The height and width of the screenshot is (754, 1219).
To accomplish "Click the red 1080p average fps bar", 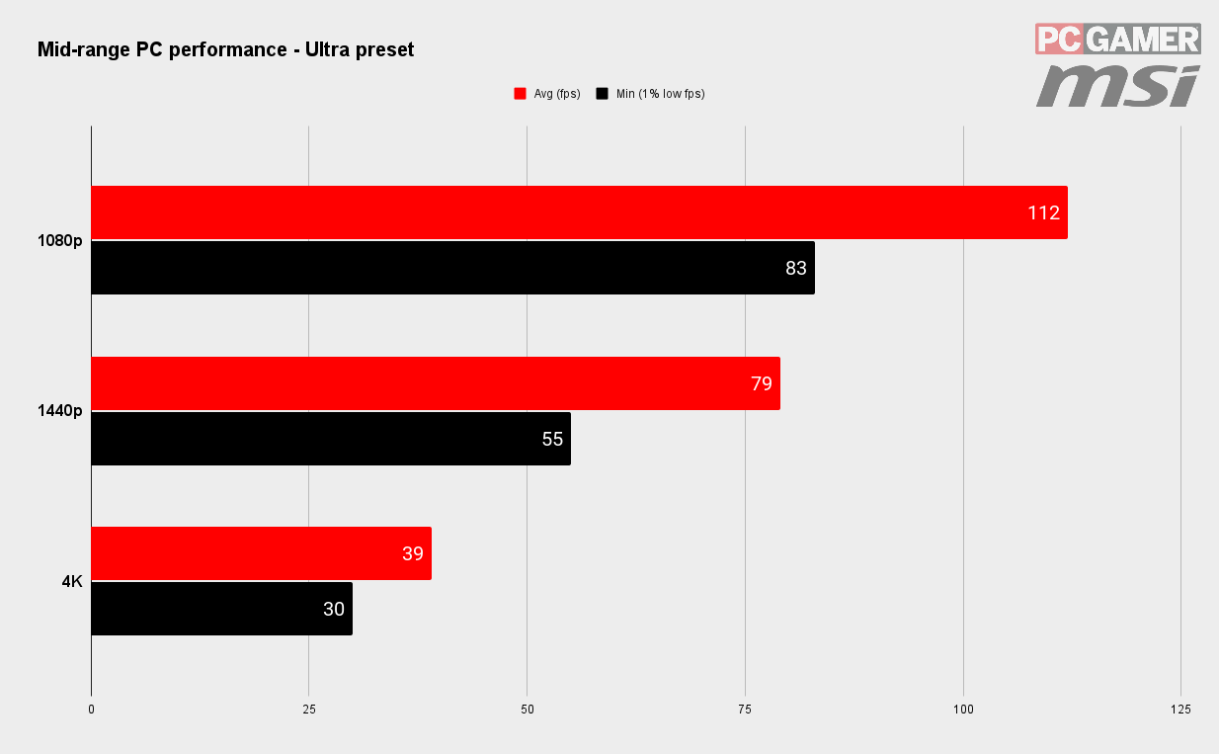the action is [580, 212].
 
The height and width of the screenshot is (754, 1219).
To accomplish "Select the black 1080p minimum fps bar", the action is [453, 268].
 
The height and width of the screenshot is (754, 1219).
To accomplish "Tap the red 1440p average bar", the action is [436, 383].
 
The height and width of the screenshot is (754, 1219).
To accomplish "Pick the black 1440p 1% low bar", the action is [331, 439].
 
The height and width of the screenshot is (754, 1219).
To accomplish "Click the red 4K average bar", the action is [262, 553].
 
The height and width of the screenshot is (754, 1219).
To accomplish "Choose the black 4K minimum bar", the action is [222, 609].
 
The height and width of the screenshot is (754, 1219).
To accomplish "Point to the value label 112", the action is [1043, 212].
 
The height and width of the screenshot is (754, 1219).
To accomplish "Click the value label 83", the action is [796, 268].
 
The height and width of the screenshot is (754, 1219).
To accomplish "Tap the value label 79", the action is [762, 383].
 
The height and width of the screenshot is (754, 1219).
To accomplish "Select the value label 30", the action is [334, 609].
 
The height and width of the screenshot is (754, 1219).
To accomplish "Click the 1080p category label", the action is [60, 240].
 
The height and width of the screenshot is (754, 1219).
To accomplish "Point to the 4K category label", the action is [72, 581].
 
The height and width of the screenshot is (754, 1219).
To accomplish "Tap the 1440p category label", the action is [60, 410].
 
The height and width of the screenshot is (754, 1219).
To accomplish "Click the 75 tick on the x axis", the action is [745, 710].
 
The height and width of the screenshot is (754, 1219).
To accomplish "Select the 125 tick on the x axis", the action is [1180, 710].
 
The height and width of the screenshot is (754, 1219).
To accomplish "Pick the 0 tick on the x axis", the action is [92, 710].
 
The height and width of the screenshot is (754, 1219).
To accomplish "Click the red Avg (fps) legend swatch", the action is [520, 94].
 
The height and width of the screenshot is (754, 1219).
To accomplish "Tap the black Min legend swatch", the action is [602, 94].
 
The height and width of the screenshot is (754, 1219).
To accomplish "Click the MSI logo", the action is [1118, 86].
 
